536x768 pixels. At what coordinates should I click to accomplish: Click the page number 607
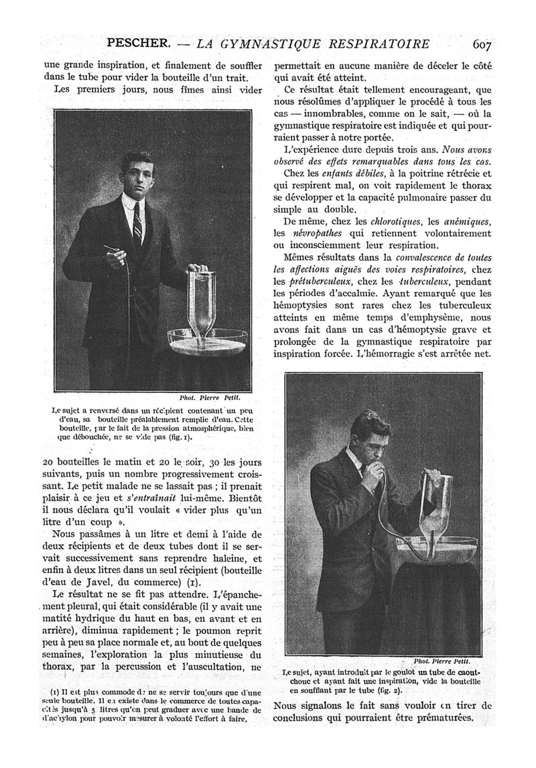[x=482, y=45]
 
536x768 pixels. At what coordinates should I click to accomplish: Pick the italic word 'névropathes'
[x=310, y=234]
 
